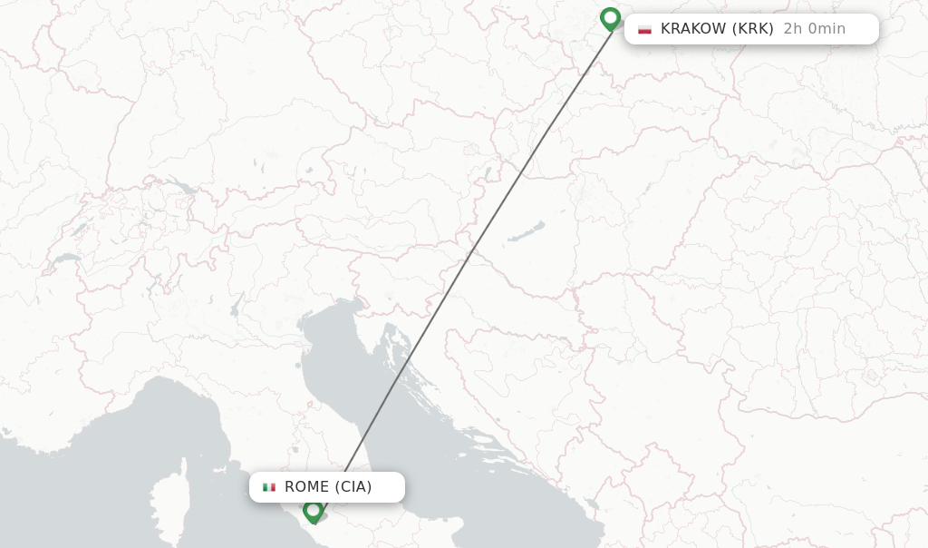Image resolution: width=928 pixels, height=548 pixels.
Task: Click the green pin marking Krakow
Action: tap(610, 18)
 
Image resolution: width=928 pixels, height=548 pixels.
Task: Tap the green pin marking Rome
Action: tap(314, 511)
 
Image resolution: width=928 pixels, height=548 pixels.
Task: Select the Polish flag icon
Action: tap(644, 29)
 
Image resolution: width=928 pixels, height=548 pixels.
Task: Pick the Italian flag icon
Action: tap(269, 487)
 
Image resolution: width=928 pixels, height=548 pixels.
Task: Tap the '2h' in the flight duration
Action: tap(793, 29)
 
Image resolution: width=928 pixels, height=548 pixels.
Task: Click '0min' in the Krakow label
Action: tap(826, 29)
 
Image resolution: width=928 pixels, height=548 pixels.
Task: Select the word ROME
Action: tap(306, 487)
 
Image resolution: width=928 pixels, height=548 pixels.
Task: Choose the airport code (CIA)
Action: tap(353, 487)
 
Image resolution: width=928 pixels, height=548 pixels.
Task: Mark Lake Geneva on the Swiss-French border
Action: tap(64, 259)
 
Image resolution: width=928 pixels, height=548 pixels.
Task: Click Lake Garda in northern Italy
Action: tap(237, 303)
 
